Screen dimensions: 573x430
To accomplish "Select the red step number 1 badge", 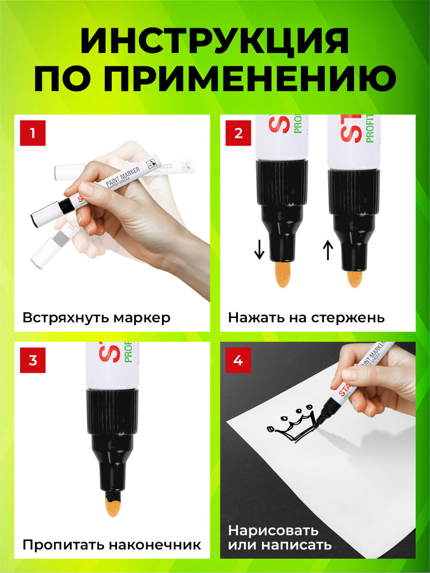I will click(32, 133).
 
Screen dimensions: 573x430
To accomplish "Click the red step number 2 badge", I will click(238, 133).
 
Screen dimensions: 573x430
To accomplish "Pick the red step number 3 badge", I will click(32, 360).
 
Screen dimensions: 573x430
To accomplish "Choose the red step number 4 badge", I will click(238, 360).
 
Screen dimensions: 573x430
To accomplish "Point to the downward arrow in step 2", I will click(259, 250).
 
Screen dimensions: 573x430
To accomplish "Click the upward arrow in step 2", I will click(328, 250).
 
